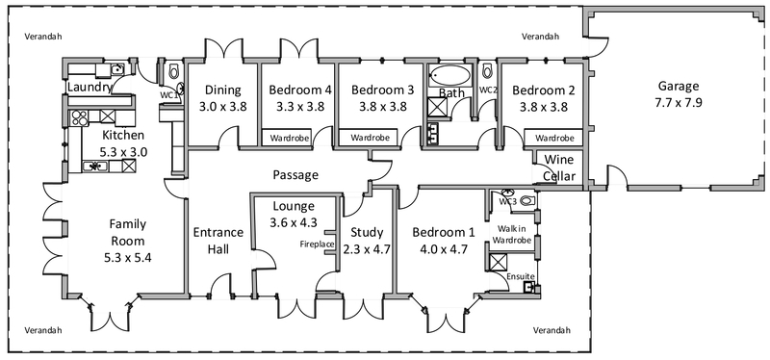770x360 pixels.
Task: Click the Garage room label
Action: point(679,87)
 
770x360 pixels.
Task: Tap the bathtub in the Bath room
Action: point(449,77)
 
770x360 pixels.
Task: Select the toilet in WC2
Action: point(487,71)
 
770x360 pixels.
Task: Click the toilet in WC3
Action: point(526,200)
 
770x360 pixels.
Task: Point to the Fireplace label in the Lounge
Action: point(318,244)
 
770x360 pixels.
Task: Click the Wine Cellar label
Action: point(559,167)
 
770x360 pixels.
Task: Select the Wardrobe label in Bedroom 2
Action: point(554,138)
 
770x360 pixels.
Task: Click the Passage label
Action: point(295,175)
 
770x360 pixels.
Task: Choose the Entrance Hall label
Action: point(218,241)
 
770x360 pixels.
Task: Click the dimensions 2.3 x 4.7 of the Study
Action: point(367,249)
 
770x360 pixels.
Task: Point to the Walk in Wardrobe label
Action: point(512,234)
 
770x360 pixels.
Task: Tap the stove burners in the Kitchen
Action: point(79,117)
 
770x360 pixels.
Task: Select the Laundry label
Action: point(90,88)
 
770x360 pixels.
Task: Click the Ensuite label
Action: point(521,276)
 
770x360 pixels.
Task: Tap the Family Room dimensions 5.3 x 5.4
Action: point(128,257)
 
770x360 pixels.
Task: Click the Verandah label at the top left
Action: point(43,37)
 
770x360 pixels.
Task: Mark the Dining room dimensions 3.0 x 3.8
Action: point(223,107)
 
